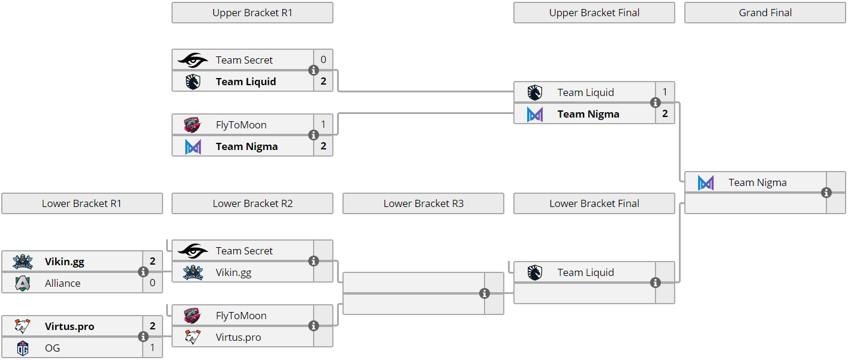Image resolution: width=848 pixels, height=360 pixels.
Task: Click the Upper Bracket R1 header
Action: (x=252, y=13)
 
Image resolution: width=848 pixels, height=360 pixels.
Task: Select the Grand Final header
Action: (x=765, y=13)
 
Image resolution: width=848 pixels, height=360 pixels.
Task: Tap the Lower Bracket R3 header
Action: (x=423, y=203)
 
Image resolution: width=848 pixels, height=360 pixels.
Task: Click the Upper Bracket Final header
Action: (x=594, y=13)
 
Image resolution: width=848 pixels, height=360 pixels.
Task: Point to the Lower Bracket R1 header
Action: (x=82, y=203)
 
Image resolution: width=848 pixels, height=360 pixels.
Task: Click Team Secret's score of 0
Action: (x=323, y=60)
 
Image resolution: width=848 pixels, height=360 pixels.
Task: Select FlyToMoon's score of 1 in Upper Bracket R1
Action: (x=323, y=125)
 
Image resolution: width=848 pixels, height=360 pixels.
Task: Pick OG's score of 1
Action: (x=152, y=348)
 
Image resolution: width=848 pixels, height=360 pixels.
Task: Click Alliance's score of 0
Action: (x=152, y=283)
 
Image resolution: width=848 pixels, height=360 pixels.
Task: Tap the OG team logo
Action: (x=22, y=348)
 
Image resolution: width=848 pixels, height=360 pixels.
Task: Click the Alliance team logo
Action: (x=22, y=283)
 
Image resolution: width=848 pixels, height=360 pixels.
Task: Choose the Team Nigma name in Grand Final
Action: (x=757, y=182)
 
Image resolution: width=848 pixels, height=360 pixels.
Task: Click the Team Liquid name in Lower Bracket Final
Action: (x=585, y=272)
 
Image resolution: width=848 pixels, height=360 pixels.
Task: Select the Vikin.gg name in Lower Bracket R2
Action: (x=233, y=272)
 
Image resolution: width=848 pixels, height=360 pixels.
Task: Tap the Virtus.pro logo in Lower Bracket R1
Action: (x=22, y=326)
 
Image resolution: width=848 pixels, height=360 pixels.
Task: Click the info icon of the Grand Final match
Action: (x=826, y=193)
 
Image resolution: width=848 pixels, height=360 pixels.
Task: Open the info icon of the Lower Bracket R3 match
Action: (x=485, y=293)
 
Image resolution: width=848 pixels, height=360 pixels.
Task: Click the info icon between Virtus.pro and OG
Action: (x=143, y=337)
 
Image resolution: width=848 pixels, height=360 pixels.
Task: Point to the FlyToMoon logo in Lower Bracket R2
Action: (x=193, y=316)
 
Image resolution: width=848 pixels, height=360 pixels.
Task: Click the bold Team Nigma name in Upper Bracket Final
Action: (x=588, y=114)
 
